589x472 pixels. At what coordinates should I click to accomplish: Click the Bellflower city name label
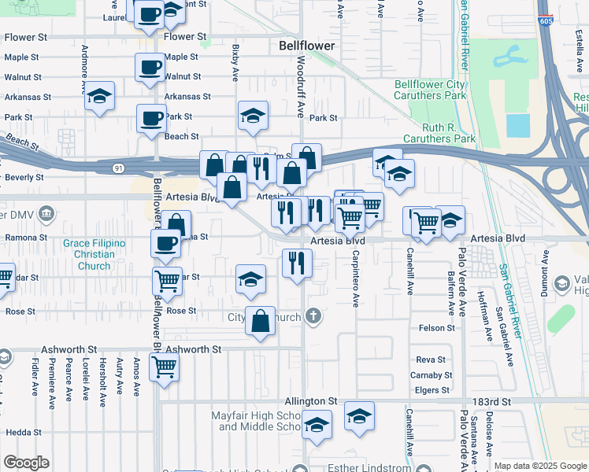click(307, 46)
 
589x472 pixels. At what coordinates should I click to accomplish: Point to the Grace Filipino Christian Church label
click(94, 255)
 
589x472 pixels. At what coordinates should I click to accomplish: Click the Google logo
click(26, 463)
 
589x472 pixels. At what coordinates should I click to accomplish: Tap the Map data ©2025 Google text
click(539, 466)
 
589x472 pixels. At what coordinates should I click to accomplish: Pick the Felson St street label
click(437, 328)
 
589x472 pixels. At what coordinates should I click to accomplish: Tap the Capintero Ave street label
click(355, 278)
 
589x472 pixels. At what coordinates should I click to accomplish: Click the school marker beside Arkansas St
click(100, 98)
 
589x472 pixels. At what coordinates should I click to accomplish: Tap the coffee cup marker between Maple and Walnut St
click(150, 69)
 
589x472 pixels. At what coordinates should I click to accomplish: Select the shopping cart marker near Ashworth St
click(164, 367)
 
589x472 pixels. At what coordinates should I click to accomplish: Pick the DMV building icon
click(46, 213)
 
